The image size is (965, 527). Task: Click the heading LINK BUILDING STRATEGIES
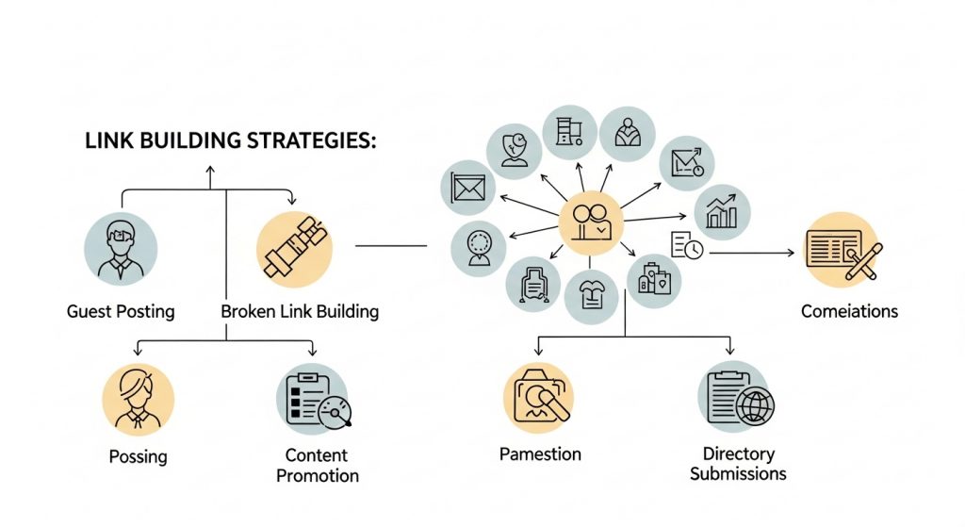click(231, 141)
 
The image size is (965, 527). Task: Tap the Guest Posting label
click(121, 311)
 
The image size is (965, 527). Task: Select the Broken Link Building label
click(300, 311)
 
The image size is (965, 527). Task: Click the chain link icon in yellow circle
click(295, 248)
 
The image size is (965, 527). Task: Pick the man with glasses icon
click(121, 248)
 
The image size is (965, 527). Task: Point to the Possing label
click(138, 456)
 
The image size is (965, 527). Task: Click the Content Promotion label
click(317, 465)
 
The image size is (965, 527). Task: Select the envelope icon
click(468, 188)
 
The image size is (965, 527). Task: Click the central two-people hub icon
click(591, 222)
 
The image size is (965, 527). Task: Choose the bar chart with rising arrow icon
click(722, 212)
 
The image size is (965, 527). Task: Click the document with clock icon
click(687, 247)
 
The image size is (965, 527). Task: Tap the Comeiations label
click(849, 311)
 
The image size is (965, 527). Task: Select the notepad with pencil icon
click(842, 248)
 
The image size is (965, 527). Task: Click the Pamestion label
click(540, 454)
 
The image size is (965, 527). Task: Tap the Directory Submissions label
click(738, 465)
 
